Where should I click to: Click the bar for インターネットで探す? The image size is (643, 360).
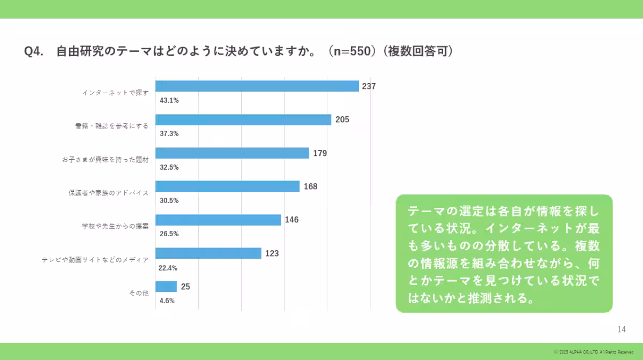click(x=257, y=86)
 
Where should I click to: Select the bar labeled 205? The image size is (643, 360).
click(x=243, y=120)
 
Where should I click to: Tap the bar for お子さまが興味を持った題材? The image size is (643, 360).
click(x=232, y=153)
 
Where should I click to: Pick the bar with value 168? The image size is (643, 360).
click(x=227, y=186)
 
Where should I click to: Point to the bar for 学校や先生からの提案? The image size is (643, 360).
click(x=218, y=220)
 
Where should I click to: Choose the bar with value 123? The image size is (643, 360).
click(x=208, y=253)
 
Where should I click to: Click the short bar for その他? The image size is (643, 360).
click(x=166, y=287)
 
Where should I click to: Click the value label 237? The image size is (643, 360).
click(x=369, y=86)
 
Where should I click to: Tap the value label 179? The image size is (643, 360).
click(x=320, y=153)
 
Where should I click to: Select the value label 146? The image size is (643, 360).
click(x=291, y=220)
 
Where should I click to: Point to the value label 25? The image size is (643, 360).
click(x=185, y=287)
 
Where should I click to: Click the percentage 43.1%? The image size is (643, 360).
click(x=169, y=100)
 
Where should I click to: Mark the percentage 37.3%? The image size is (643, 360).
click(x=169, y=133)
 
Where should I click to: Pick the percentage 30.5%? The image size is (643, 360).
click(x=169, y=200)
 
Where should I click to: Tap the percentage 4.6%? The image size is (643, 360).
click(x=167, y=301)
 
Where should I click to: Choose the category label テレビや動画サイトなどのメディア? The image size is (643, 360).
click(x=95, y=260)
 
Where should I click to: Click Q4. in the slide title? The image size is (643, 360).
click(x=34, y=51)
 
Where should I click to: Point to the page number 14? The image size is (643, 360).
click(x=622, y=329)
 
